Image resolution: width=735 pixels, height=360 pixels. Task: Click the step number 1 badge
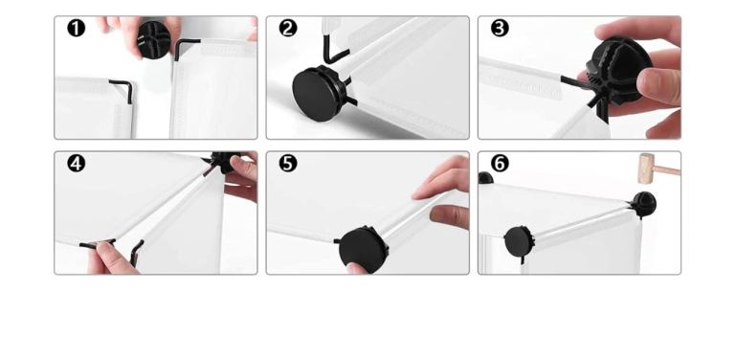point(76,28)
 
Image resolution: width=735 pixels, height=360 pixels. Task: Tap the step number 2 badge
point(288,28)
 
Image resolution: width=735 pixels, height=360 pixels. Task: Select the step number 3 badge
point(500,28)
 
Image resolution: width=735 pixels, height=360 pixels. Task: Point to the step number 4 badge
point(76,164)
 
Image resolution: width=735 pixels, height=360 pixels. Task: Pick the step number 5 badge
point(288,164)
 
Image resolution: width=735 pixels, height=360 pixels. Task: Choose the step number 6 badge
point(500,164)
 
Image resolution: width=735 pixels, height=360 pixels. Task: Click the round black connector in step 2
point(318,93)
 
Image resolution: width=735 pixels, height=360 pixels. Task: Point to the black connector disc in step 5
point(364,248)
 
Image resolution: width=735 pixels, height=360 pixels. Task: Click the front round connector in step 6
point(519,241)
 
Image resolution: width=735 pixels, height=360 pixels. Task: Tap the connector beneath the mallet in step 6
point(643,204)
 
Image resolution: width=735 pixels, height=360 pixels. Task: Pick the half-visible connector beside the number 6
point(485,178)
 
